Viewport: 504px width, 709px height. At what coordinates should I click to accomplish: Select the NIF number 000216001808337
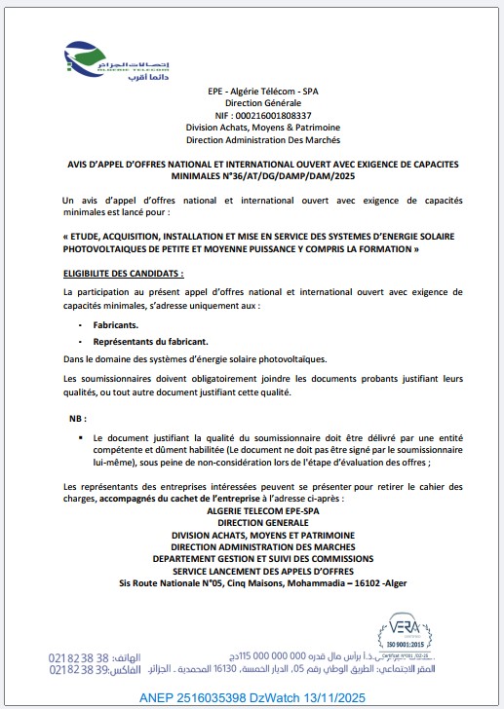tap(277, 114)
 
